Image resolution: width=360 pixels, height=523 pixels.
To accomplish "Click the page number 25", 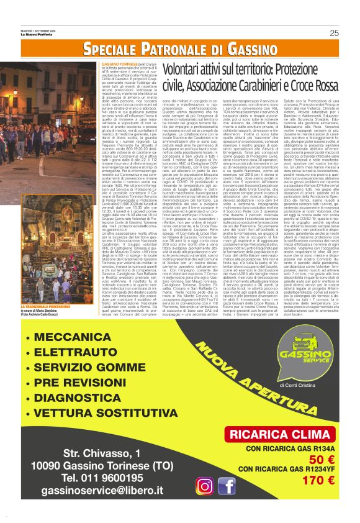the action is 334,34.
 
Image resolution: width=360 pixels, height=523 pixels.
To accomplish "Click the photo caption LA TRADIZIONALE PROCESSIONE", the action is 48,307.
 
